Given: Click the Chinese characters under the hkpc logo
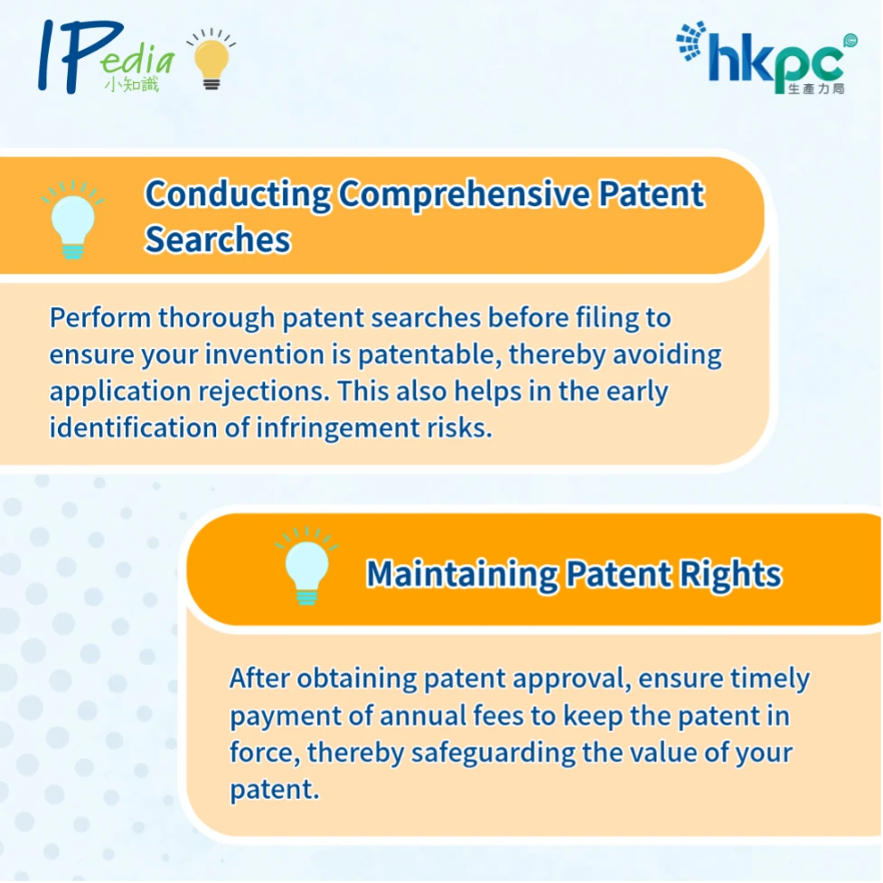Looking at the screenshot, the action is coord(816,89).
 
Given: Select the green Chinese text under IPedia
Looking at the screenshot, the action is coord(132,84).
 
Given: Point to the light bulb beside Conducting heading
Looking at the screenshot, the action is coord(72,220).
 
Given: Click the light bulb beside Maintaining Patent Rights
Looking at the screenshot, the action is coord(307,566).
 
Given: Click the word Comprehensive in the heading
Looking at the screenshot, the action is coord(465,195).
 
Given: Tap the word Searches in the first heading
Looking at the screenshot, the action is coord(218,240).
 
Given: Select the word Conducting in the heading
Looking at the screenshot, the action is coord(238,195).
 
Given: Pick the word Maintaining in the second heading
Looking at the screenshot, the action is coord(463,575).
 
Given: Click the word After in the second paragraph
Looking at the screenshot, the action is coord(259,678).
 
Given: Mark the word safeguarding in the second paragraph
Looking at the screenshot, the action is coord(493,754).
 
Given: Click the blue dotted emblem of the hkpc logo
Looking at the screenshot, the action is coord(691,41).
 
